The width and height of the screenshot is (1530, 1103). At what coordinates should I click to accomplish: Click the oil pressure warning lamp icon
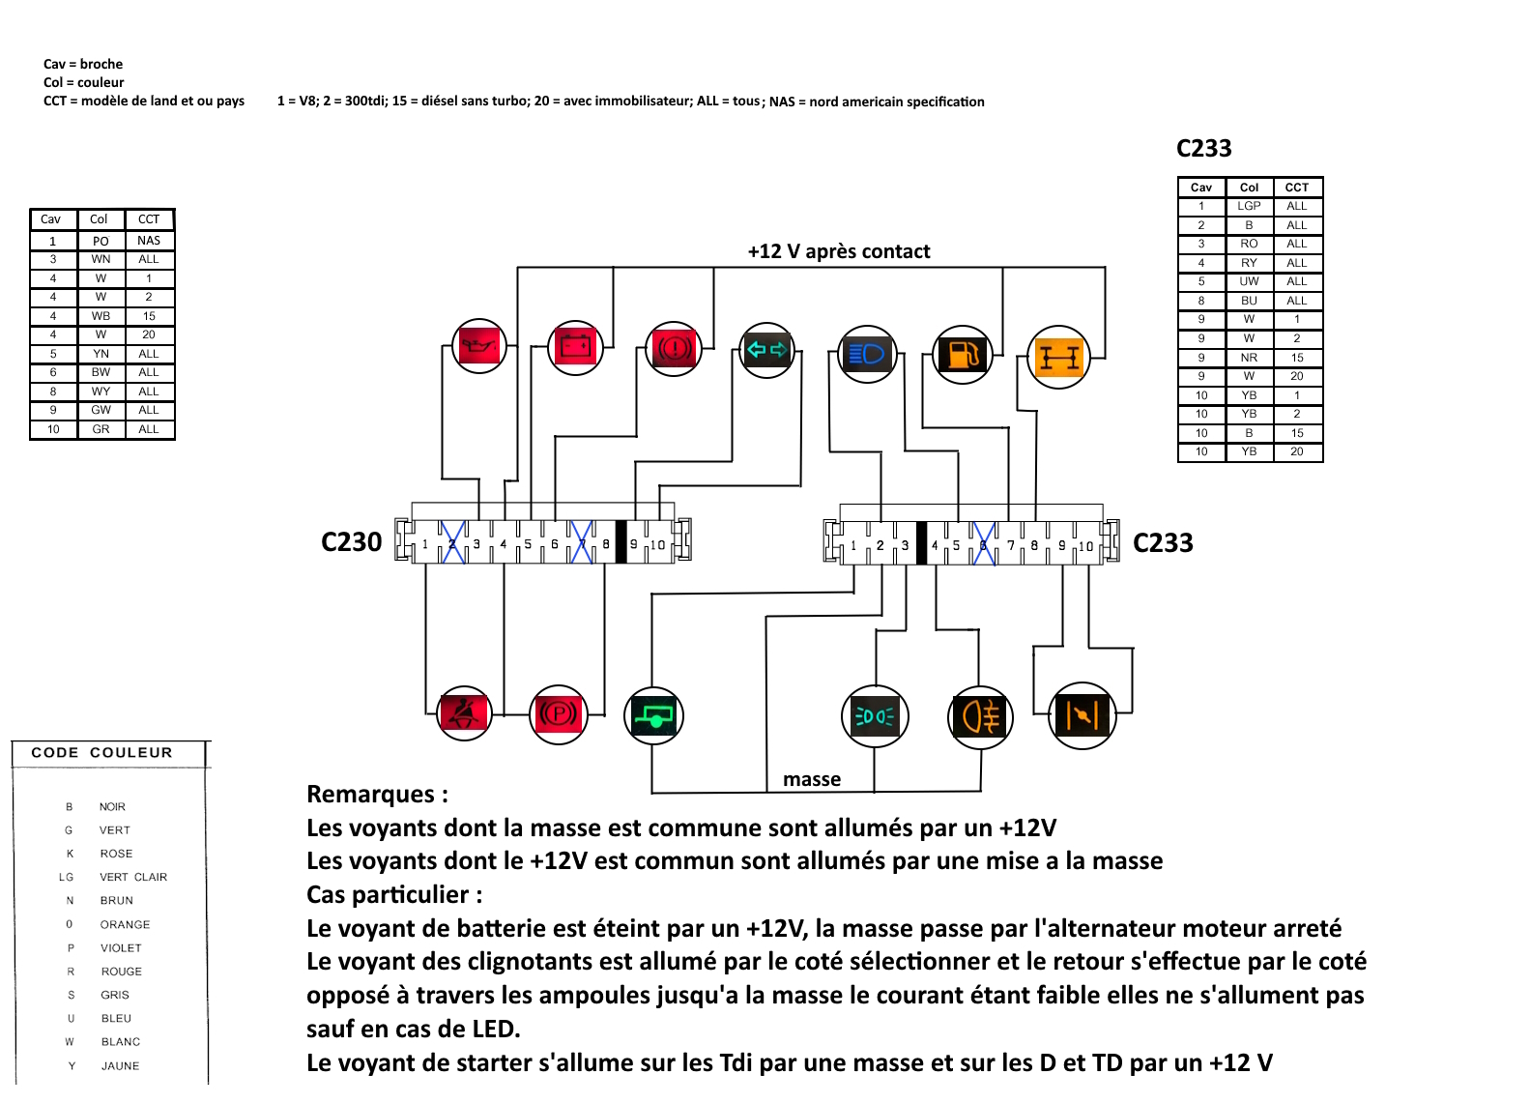click(479, 346)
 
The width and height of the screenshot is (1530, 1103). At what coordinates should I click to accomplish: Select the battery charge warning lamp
click(576, 346)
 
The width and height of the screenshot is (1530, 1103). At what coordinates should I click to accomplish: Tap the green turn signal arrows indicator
click(767, 349)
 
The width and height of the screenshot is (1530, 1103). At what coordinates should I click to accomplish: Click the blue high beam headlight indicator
click(868, 354)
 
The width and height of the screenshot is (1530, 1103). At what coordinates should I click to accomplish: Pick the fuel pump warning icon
click(963, 355)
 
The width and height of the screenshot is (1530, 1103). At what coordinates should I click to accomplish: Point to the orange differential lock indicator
click(1059, 357)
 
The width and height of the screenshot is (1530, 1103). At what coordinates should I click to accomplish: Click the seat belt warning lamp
click(465, 713)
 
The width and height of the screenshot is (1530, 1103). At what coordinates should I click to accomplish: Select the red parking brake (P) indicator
click(559, 714)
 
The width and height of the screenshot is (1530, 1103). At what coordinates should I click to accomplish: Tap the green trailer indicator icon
click(654, 716)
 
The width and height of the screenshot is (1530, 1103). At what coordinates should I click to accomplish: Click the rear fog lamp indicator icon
click(980, 717)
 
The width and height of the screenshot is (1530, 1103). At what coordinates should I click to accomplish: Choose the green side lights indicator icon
click(875, 716)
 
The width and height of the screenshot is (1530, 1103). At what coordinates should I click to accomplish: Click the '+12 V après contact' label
click(838, 251)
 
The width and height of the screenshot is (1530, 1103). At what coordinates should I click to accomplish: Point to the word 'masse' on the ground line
click(812, 779)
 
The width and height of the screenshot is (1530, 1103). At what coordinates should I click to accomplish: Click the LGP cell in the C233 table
click(1249, 206)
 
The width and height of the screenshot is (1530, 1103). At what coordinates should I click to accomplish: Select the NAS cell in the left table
click(149, 241)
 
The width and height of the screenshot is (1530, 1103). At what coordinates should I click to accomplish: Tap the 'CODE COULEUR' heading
click(101, 752)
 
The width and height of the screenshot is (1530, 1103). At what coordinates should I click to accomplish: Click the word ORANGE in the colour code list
click(126, 924)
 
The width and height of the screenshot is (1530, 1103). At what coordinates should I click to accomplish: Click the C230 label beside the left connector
click(352, 542)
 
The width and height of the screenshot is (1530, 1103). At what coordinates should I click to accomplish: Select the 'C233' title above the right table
click(1203, 149)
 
